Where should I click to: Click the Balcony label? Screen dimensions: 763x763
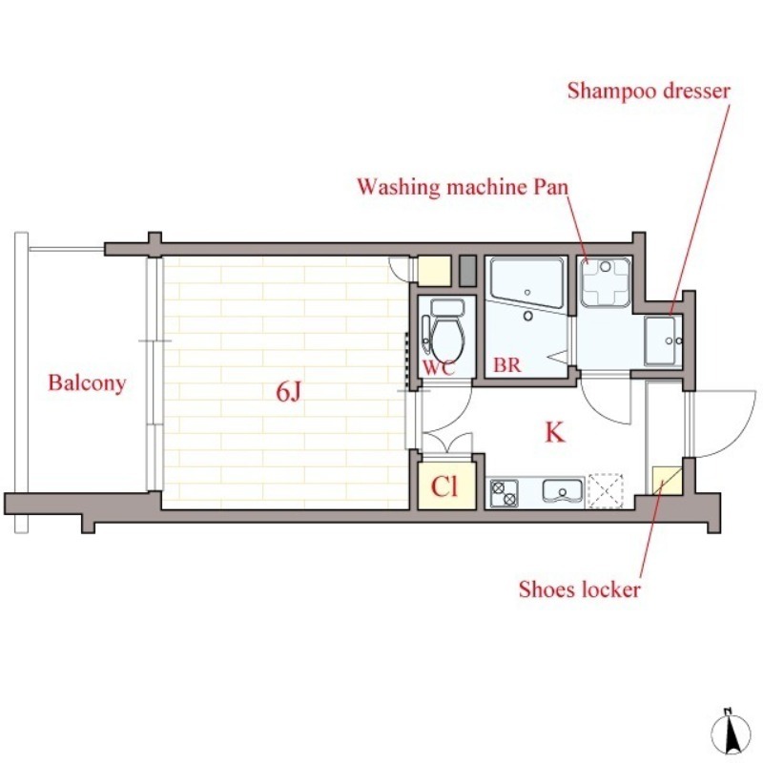tap(87, 383)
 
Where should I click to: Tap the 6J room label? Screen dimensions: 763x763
tap(289, 391)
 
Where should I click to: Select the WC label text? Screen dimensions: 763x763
tap(439, 368)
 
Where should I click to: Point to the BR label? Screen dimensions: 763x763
tap(507, 364)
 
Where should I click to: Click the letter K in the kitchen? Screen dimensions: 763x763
tap(555, 432)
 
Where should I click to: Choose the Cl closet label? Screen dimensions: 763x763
tap(444, 485)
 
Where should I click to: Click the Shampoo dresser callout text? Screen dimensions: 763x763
tap(649, 92)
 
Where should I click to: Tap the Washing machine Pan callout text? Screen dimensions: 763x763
tap(463, 187)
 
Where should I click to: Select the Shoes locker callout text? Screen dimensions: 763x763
tap(580, 589)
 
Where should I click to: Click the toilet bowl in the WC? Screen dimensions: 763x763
tap(446, 333)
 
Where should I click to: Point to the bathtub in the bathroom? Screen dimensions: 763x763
tap(527, 282)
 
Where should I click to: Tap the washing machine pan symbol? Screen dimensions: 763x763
tap(606, 282)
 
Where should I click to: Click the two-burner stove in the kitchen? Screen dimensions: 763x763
tap(505, 493)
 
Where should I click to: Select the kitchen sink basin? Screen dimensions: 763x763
tap(563, 490)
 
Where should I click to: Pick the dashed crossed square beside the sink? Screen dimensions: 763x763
tap(606, 490)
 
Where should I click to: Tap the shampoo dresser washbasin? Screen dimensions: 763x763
tap(662, 340)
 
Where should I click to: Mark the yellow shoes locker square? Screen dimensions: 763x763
tap(667, 481)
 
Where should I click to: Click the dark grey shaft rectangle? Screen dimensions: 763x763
tap(467, 271)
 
